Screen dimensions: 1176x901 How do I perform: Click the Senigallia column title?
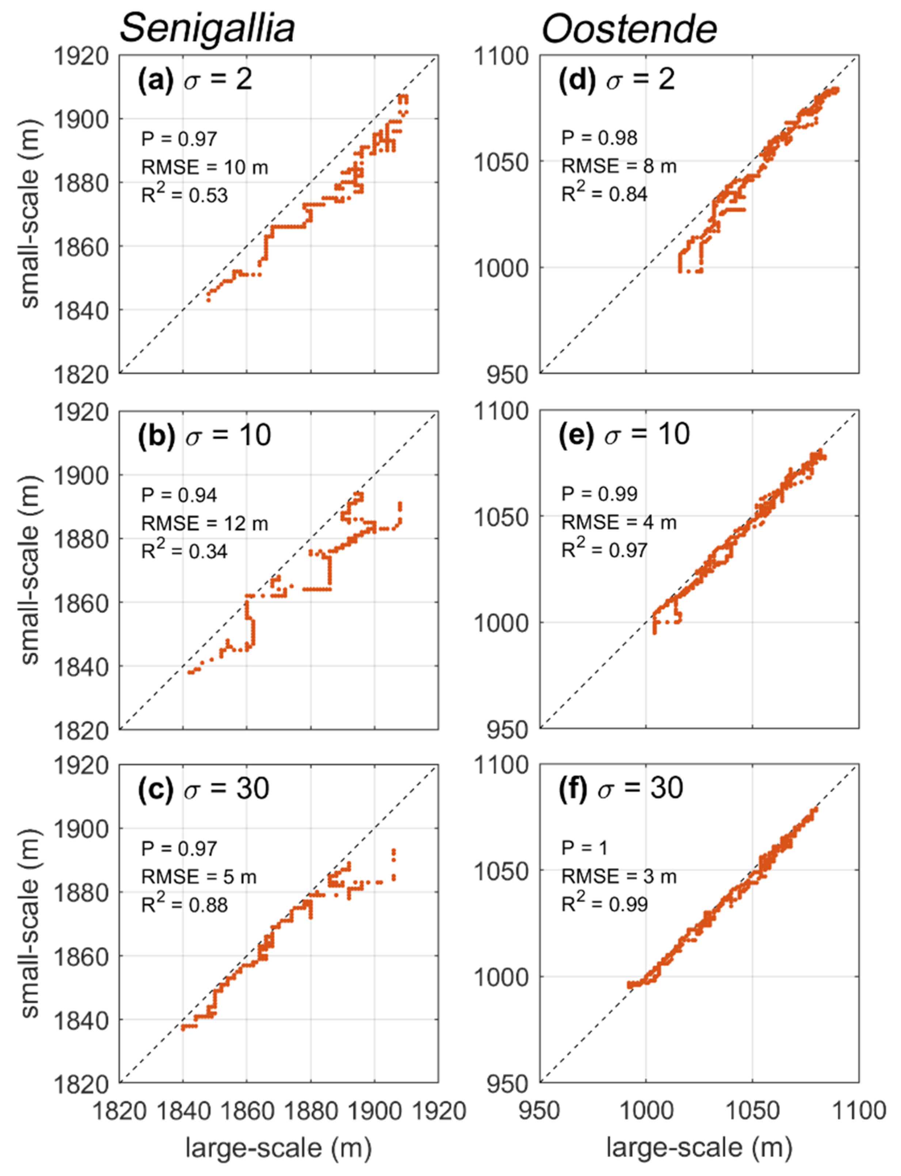[207, 28]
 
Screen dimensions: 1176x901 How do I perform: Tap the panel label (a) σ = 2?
[195, 80]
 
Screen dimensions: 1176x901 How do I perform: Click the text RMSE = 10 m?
[204, 167]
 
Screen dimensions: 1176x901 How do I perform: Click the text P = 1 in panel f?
[584, 848]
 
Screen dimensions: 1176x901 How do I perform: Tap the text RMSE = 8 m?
[619, 166]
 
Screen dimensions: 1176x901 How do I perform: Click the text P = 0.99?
[599, 494]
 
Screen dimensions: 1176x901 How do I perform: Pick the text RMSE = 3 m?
[619, 876]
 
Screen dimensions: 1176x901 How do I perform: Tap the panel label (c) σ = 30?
[203, 789]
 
